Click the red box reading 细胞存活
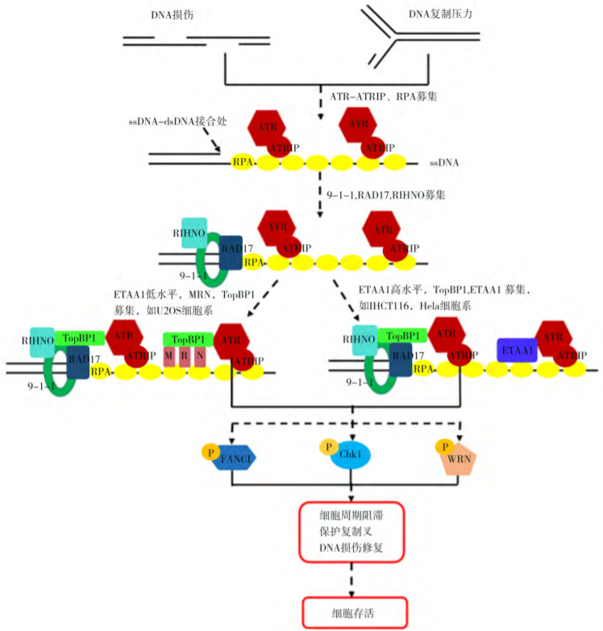point(351,613)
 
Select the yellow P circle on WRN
point(443,446)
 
